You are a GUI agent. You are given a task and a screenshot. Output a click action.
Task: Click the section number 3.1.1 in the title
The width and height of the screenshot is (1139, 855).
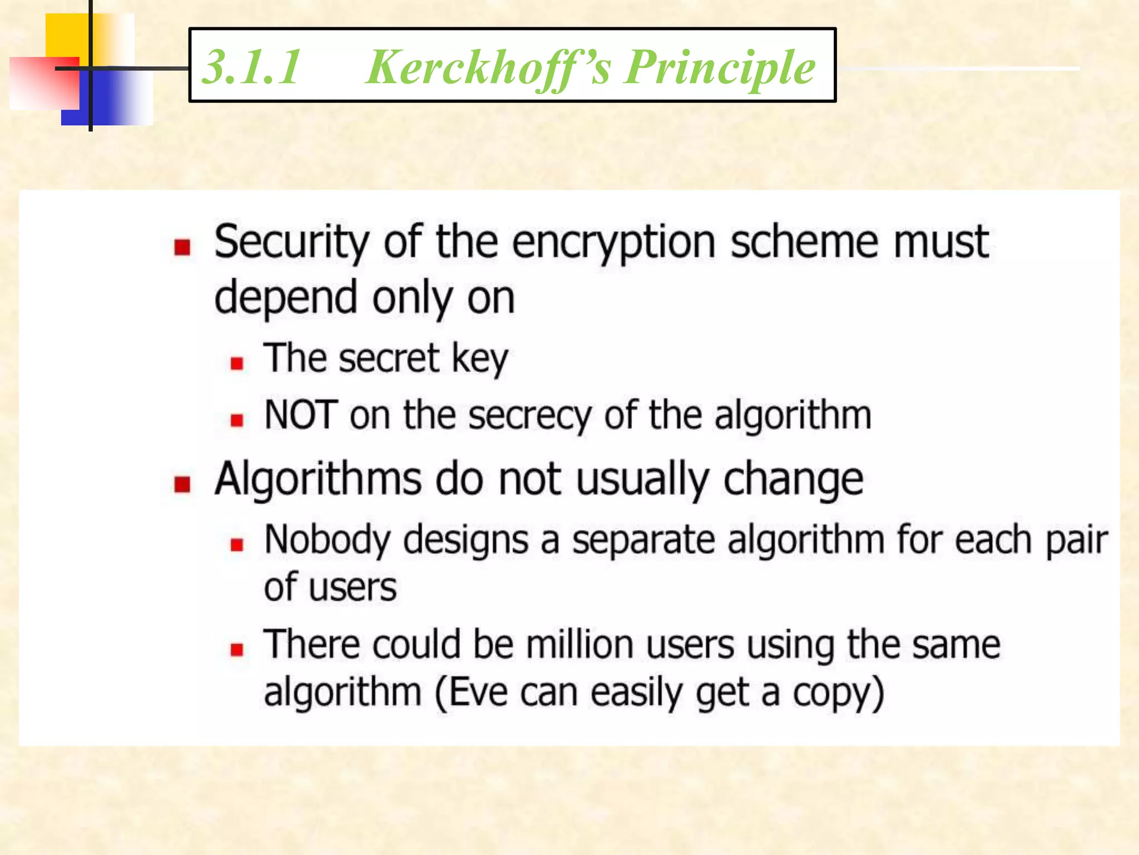(251, 67)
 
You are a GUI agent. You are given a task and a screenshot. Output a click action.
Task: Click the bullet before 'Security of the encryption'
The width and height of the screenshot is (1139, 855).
(182, 246)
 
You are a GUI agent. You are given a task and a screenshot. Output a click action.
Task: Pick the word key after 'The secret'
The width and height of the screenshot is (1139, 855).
(480, 360)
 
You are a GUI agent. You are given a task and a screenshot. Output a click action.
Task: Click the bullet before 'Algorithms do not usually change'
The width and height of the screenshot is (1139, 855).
(182, 484)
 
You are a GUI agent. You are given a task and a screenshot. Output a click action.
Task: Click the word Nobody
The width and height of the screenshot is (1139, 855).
(328, 540)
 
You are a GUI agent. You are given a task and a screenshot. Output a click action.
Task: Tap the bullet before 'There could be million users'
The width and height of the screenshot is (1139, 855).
(237, 649)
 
